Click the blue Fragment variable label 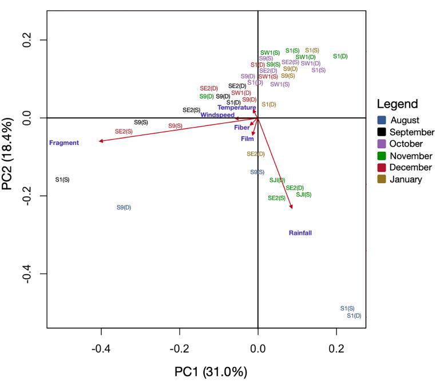coord(64,143)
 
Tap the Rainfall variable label coord(300,232)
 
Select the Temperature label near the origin coord(236,108)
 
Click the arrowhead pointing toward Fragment coord(101,141)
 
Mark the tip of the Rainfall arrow coord(292,208)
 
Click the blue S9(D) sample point coord(124,207)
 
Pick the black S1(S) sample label coord(62,180)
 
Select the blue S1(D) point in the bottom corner coord(354,315)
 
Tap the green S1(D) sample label coord(340,56)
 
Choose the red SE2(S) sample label coord(124,131)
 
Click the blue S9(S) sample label coord(257,172)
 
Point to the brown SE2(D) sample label coord(256,153)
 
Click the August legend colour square coord(381,120)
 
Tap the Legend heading coord(397,104)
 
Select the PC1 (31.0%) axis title coord(211,372)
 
